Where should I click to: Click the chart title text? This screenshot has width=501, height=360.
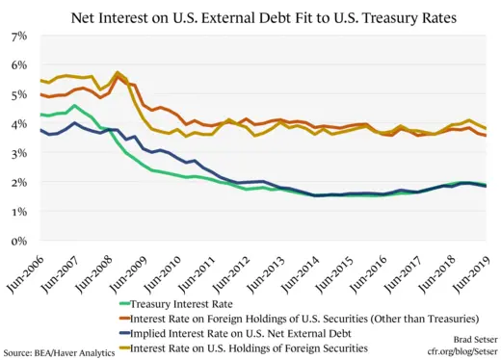click(250, 16)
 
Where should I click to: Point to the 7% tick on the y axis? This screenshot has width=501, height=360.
click(19, 37)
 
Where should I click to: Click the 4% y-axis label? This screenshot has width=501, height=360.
click(19, 124)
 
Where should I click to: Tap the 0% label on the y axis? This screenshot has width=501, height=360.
click(19, 241)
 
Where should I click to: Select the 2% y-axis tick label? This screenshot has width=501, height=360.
click(19, 183)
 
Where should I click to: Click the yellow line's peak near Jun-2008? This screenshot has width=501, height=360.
click(118, 73)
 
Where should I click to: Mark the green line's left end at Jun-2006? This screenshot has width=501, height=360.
click(40, 116)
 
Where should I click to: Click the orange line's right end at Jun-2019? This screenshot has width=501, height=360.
click(486, 136)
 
